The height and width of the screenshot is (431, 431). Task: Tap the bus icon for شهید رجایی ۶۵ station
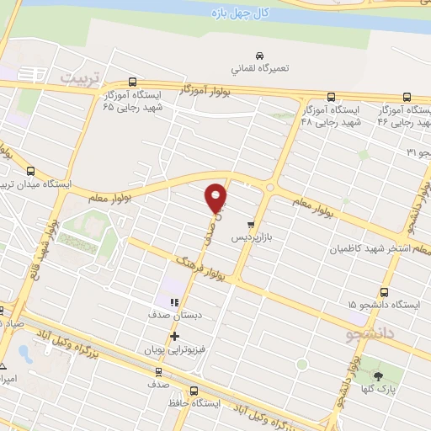(132, 82)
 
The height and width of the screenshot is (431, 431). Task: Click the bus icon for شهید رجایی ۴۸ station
(329, 96)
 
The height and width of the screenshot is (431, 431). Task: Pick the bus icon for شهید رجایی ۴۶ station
(407, 97)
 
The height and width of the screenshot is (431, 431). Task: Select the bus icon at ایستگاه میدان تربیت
(31, 170)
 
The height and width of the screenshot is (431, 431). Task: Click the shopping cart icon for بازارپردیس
(251, 225)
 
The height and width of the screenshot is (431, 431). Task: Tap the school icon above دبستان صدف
(174, 302)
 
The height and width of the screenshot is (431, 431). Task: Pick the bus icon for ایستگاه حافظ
(194, 391)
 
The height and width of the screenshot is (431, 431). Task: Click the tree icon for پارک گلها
(376, 375)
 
